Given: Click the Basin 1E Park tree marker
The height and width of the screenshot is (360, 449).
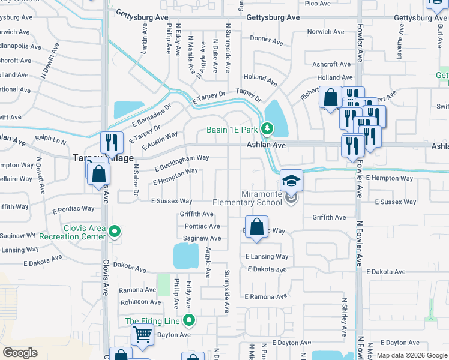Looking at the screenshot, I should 267,129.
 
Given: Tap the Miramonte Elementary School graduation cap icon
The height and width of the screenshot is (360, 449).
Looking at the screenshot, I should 291,181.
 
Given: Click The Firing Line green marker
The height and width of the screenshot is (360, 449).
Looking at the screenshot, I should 190,321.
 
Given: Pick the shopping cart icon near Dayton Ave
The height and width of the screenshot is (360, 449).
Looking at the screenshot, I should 142,334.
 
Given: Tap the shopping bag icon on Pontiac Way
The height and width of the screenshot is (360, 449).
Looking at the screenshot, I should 256,229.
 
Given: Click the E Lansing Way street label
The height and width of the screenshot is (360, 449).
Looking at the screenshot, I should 267,256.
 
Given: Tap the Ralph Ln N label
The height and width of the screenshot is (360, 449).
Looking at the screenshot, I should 50,139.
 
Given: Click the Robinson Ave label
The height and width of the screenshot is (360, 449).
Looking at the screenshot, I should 140,302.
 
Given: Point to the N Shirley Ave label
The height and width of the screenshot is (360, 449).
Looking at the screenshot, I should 344,318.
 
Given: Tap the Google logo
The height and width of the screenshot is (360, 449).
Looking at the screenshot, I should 20,352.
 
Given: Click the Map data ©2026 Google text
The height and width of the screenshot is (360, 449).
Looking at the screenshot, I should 411,355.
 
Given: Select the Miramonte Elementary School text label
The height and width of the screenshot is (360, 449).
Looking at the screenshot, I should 261,198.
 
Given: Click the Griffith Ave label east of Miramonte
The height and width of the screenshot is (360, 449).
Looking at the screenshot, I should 328,217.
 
